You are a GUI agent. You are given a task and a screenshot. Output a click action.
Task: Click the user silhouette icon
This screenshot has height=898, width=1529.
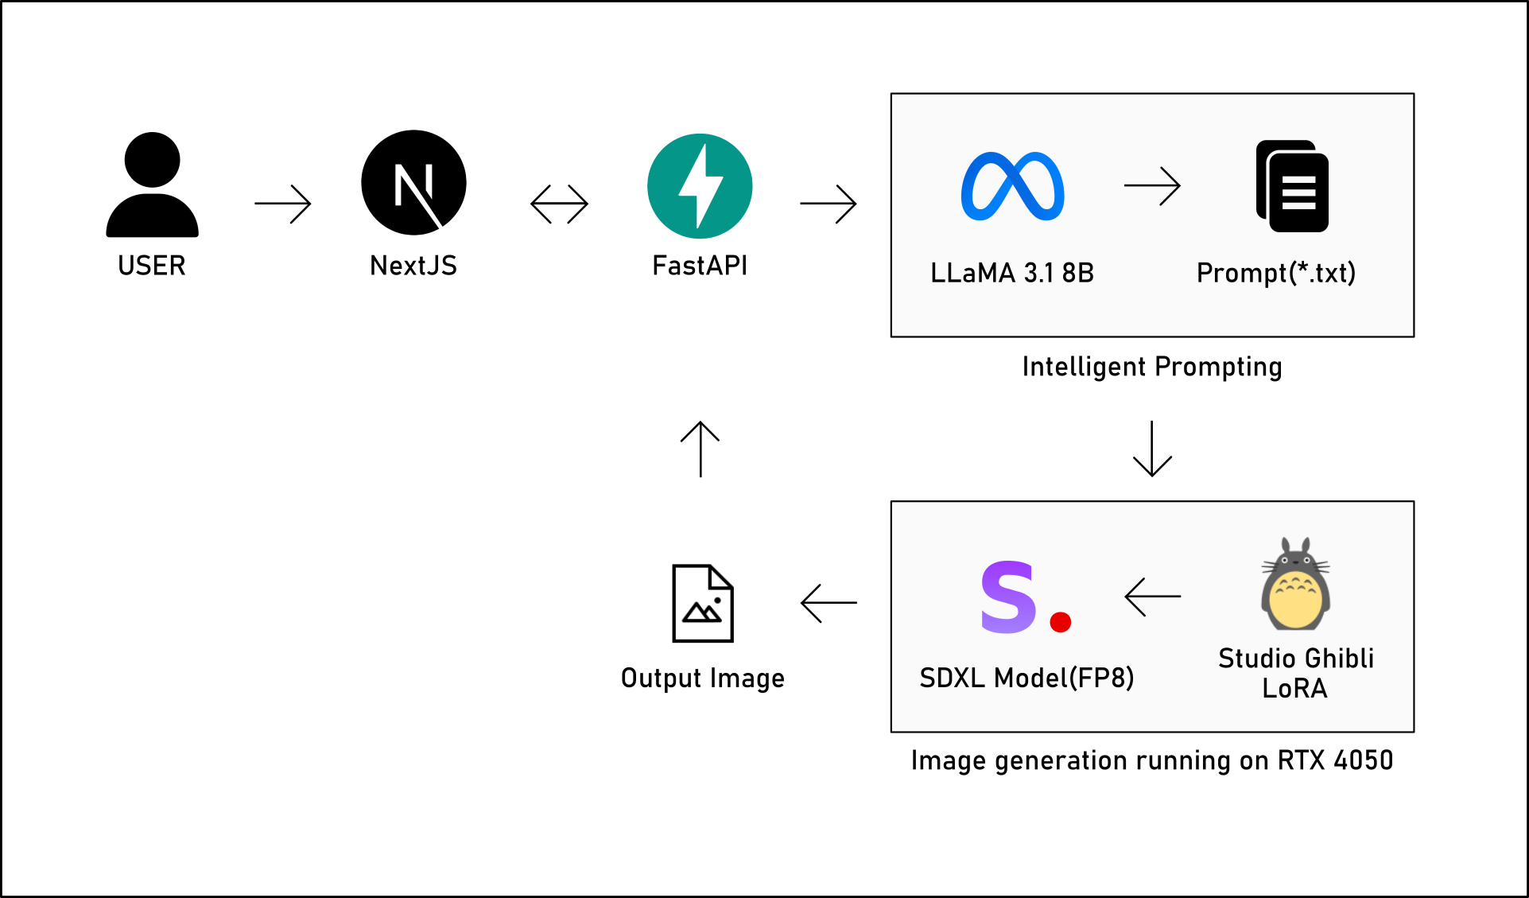[x=152, y=185]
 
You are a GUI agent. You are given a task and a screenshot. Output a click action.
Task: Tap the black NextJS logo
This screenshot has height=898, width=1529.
[x=413, y=182]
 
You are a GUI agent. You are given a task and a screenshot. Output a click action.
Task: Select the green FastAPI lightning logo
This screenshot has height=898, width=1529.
[x=700, y=186]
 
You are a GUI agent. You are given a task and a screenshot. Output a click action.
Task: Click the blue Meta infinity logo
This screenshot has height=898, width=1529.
[x=1012, y=186]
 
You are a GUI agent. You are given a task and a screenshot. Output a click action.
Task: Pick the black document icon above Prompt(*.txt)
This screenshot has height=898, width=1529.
[x=1293, y=187]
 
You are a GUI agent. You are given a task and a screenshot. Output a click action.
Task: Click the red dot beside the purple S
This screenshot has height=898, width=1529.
[x=1061, y=621]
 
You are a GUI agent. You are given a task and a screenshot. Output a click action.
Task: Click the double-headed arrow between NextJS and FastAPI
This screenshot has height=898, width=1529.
[x=559, y=204]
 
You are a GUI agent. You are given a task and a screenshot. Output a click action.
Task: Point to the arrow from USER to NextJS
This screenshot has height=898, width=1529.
[x=283, y=204]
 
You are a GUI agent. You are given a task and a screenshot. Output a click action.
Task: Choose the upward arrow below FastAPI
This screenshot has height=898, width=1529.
[x=700, y=449]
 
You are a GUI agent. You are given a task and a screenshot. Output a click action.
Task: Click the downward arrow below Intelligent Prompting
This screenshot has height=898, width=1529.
[x=1152, y=449]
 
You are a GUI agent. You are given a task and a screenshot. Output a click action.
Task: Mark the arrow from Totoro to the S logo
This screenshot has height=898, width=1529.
[x=1153, y=597]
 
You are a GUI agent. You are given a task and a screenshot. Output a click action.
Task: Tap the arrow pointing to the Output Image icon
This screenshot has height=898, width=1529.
[x=829, y=603]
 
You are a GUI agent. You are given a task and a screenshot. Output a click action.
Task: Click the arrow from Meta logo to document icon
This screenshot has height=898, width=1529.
[x=1152, y=186]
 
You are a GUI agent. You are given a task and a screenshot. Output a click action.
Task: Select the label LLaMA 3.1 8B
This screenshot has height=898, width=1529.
[x=1012, y=273]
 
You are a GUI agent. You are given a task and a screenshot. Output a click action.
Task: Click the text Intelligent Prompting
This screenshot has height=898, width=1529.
[x=1152, y=367]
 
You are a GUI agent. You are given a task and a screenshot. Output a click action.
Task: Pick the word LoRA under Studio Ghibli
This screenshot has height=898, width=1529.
[x=1295, y=689]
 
